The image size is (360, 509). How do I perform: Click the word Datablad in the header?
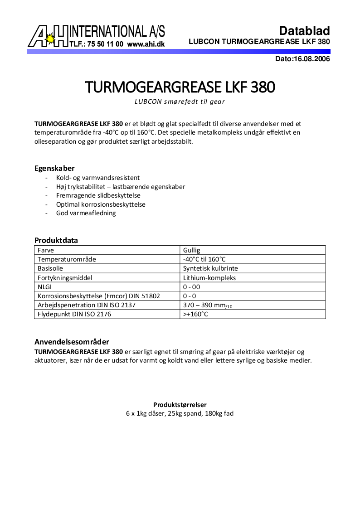(304, 31)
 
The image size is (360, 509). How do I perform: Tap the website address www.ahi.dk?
(146, 44)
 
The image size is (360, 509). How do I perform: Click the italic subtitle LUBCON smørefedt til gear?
(180, 102)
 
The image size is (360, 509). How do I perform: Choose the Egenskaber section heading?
(54, 168)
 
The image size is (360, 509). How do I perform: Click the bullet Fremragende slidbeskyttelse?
(98, 195)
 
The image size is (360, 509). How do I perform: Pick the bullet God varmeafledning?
(86, 213)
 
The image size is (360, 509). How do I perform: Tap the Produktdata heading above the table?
(56, 240)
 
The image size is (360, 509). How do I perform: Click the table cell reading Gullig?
(192, 250)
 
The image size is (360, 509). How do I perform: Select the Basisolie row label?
(50, 268)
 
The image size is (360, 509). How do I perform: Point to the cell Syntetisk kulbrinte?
(210, 268)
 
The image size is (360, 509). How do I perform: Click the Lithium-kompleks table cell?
(209, 278)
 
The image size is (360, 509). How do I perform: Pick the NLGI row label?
(45, 287)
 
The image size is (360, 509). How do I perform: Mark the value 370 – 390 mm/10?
(208, 305)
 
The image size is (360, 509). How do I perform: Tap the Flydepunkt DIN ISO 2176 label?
(74, 314)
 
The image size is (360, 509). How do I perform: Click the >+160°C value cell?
(195, 314)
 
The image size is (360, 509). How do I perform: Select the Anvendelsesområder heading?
(72, 342)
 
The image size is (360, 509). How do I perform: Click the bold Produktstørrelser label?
(180, 404)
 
